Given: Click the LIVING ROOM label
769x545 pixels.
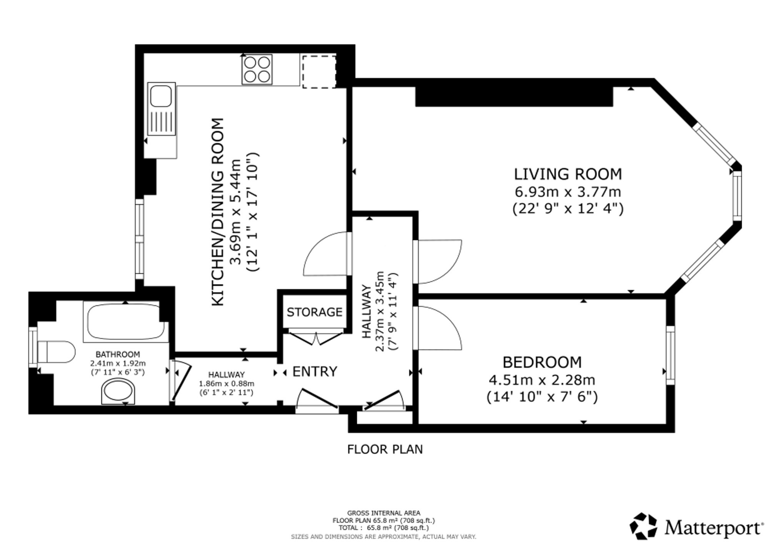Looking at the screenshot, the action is pos(568,174).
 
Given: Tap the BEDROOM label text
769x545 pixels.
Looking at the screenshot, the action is pos(542,363).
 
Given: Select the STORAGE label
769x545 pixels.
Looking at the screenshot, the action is pos(315,312).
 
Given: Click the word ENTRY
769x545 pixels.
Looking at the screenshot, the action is pos(315,371).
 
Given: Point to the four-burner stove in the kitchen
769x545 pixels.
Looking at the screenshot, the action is pos(257,69).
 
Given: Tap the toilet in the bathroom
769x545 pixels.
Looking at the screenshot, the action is pos(56,351).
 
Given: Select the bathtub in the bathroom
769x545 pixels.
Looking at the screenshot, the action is pos(125,322).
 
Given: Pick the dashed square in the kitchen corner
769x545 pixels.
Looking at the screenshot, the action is pos(319,72).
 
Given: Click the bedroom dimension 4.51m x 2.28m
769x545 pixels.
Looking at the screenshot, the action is pos(542,380).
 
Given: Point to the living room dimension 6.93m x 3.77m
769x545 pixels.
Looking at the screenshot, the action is pos(568,192).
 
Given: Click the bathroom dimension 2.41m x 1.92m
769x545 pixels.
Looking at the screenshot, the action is pos(118,363).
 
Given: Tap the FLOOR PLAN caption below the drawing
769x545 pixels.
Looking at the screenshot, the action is pos(385,449).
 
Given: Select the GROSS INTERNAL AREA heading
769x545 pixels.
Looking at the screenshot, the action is pos(384,513).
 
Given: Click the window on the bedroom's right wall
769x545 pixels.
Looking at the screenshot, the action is pos(670,355).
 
